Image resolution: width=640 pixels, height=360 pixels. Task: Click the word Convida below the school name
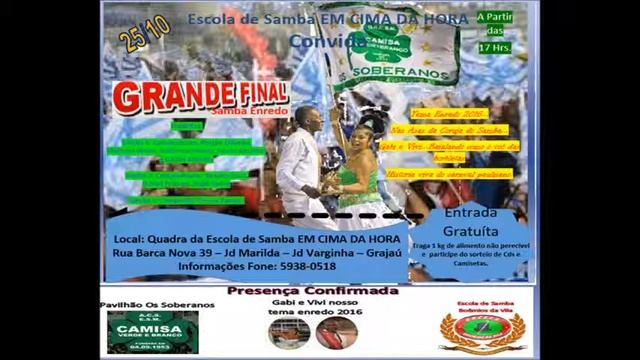coord(323,41)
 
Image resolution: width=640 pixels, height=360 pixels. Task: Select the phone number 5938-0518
coord(308,267)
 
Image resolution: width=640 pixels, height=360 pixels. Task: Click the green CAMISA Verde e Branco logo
coord(151,331)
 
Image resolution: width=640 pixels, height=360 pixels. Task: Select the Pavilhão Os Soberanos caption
coord(158,304)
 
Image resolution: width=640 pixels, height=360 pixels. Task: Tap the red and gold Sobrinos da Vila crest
coord(482,331)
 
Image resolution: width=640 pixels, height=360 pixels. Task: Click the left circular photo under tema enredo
coord(288,332)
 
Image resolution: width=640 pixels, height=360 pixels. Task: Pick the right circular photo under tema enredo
coord(336,332)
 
